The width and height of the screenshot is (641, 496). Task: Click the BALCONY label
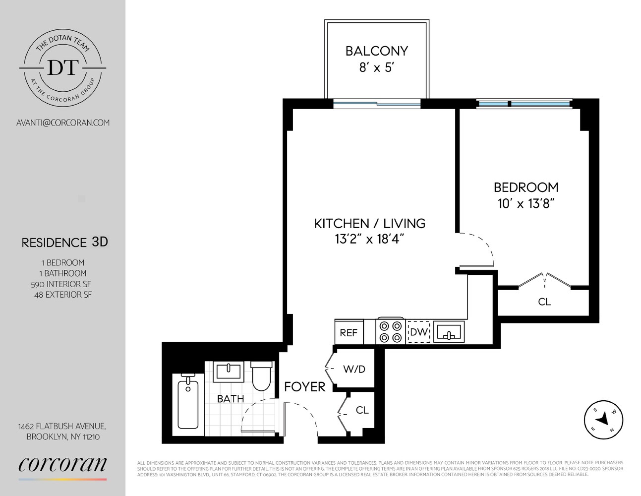[376, 51]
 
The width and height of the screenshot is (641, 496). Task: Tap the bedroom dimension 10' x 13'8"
[525, 203]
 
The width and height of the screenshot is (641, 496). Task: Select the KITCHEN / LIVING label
[369, 223]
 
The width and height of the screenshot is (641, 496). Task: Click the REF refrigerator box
[349, 332]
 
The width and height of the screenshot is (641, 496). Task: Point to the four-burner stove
[391, 332]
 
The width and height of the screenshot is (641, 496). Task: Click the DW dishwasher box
[418, 332]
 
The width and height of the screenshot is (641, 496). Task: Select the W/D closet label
[354, 369]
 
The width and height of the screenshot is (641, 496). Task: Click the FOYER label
[304, 387]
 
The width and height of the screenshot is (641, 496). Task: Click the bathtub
[187, 404]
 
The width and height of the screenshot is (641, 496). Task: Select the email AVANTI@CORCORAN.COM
[63, 122]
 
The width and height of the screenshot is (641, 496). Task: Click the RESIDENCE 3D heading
[64, 243]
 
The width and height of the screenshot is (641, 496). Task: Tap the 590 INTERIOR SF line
[61, 284]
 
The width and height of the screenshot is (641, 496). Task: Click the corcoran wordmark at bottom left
[62, 464]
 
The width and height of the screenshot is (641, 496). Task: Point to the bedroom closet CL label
[544, 302]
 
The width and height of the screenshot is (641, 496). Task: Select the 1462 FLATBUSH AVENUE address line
[62, 426]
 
